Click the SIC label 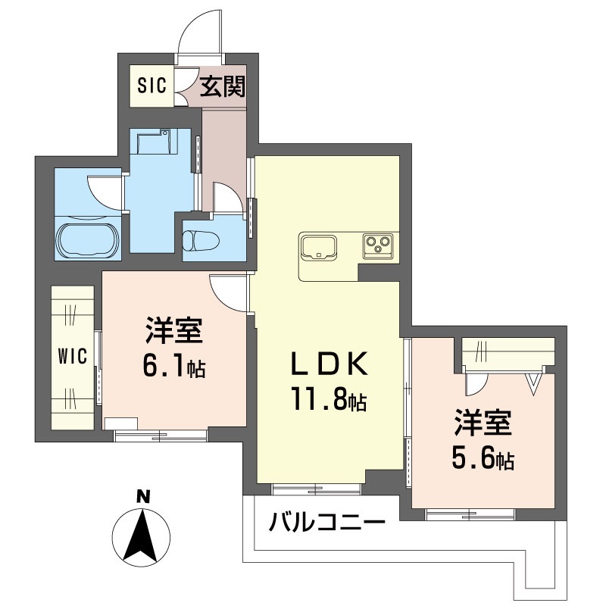point(152,86)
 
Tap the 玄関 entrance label point(222,86)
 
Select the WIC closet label point(73,356)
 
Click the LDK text point(329,364)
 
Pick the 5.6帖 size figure point(483,458)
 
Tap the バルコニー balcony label point(327,522)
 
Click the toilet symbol point(200,240)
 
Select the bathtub point(88,239)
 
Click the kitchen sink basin point(319,246)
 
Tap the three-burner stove point(377,245)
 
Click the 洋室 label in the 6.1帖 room point(174,330)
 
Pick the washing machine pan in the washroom point(154,142)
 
